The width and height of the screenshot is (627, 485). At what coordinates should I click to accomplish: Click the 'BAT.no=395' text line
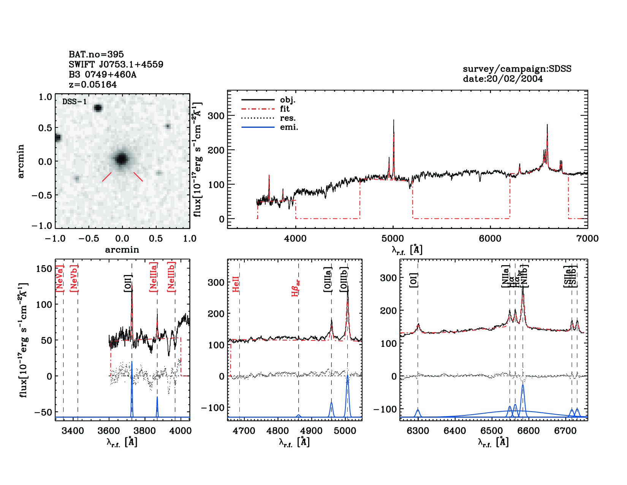tap(96, 54)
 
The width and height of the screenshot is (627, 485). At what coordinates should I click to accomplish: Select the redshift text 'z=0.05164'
tap(93, 84)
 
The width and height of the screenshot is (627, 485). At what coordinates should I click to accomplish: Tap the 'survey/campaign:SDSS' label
tap(517, 69)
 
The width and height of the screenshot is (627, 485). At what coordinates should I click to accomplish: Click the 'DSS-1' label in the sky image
tap(74, 102)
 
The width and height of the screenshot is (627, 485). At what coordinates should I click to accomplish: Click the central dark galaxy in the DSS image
tap(121, 159)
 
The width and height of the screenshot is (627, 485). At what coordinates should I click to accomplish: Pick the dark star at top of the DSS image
tap(98, 108)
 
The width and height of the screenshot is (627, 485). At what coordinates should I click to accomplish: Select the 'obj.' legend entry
tap(287, 100)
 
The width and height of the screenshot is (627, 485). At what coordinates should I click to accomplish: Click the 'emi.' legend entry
tap(289, 127)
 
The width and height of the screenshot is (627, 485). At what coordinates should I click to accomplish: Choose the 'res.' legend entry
tap(288, 118)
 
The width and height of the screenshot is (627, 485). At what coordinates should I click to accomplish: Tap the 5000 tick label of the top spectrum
tap(393, 239)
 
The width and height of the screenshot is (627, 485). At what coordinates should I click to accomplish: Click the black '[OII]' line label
tap(128, 283)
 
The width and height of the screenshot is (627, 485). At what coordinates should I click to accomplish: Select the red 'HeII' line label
tap(236, 284)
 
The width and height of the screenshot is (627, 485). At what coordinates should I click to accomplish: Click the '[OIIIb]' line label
tap(344, 279)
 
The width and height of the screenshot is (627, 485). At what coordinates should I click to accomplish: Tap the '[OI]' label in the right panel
tap(413, 280)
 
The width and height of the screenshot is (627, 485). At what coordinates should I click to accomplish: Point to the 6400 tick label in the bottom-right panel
tap(454, 431)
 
